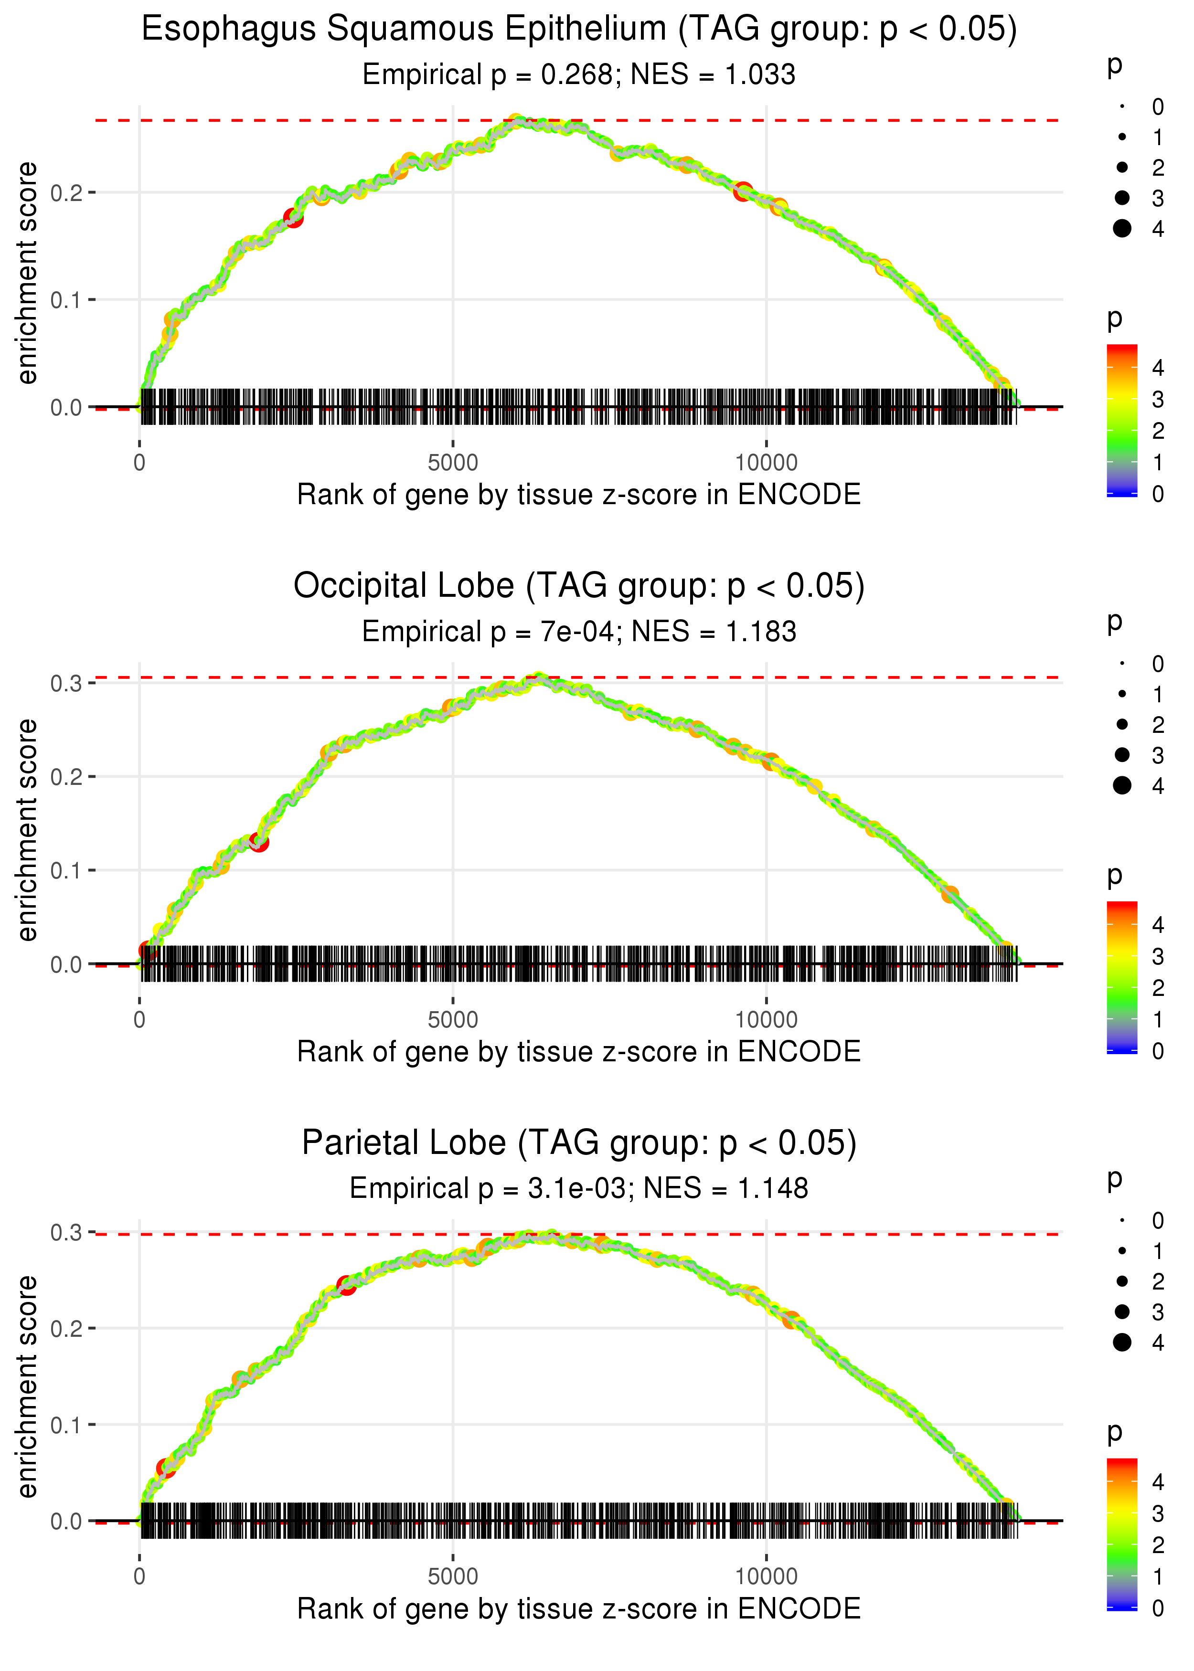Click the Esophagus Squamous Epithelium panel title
tap(579, 30)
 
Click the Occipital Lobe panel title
tap(579, 586)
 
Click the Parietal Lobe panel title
tap(579, 1143)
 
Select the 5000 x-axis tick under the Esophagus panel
tap(453, 463)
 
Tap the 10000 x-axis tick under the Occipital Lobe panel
tap(766, 1020)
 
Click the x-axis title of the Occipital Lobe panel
tap(579, 1052)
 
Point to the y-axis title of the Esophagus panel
tap(27, 274)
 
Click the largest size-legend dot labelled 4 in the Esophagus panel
tap(1122, 229)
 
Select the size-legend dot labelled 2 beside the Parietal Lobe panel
tap(1122, 1281)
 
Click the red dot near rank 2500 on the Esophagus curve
tap(293, 218)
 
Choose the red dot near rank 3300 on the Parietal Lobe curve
tap(346, 1285)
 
